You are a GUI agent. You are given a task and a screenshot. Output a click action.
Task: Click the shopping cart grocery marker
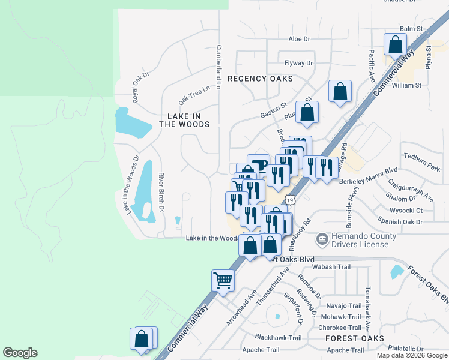(223, 280)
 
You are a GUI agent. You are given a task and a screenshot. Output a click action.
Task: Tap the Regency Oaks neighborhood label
(260, 79)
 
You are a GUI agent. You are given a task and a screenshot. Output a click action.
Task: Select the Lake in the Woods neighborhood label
(184, 119)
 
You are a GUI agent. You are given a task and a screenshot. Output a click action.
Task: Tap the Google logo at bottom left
(20, 353)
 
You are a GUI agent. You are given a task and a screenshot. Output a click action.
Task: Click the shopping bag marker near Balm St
(395, 44)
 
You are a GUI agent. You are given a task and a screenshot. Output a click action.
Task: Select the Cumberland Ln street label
(219, 67)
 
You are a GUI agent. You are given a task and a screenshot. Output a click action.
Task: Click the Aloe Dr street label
(298, 39)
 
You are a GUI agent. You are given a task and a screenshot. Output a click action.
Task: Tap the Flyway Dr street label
(299, 63)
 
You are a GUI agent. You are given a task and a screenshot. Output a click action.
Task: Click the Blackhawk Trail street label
(278, 338)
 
